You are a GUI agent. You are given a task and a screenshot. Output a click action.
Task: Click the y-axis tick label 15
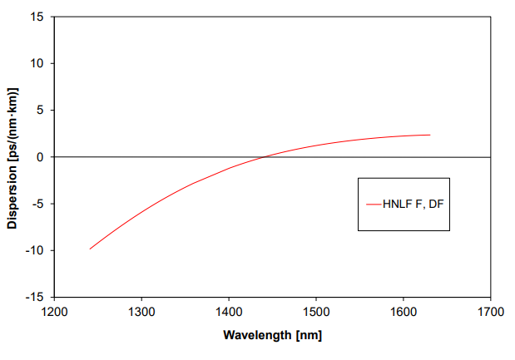pos(37,17)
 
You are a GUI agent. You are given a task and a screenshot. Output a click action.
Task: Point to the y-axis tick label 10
pos(37,63)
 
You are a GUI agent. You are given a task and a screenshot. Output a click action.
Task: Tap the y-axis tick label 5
pos(39,110)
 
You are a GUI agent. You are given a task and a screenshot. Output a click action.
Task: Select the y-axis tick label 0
pos(39,157)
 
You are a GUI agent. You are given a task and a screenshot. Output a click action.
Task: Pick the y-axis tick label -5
pos(37,204)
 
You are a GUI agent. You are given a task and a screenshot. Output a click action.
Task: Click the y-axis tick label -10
pos(35,250)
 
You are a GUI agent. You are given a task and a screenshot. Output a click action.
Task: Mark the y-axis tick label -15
pos(35,297)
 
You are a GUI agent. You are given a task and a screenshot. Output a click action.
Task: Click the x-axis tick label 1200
pos(54,313)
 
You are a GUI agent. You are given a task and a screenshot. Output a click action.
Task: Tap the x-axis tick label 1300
pos(141,313)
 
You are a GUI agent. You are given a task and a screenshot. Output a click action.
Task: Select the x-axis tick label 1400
pos(229,313)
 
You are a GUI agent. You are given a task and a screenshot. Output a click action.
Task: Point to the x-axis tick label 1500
pos(316,313)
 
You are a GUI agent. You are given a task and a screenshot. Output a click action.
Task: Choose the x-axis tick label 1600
pos(404,313)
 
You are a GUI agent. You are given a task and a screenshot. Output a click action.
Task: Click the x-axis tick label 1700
pos(490,313)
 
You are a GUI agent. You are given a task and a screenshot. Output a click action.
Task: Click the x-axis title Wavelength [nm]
pos(272,336)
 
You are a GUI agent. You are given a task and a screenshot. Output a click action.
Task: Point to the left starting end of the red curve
pos(90,249)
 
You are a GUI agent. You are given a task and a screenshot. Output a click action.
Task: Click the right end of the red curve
pos(430,135)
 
